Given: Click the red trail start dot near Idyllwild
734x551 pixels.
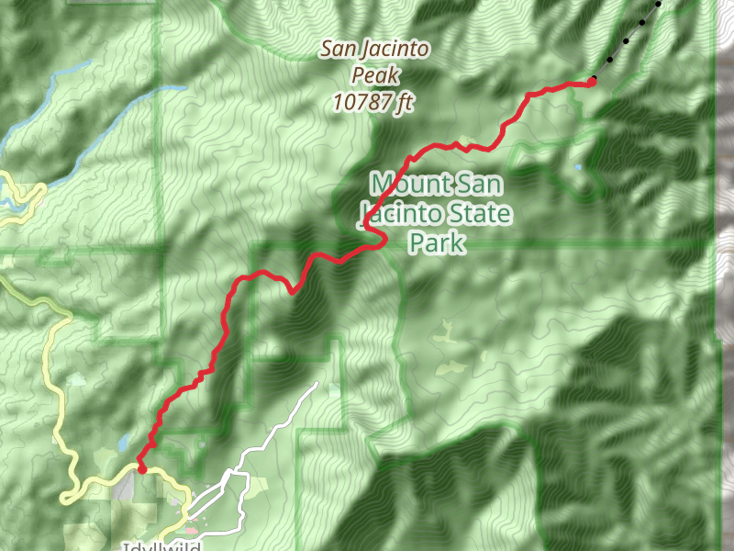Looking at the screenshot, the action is (141, 468).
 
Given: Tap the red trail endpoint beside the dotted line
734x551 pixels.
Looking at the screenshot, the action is (593, 81).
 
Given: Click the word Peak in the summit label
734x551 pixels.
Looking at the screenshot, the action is (373, 75).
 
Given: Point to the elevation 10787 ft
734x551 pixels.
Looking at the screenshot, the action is (373, 103).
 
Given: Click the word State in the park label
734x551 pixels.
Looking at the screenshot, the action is (475, 215).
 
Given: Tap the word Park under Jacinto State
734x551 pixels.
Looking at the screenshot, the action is (438, 243).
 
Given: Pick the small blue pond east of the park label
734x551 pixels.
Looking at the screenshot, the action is (577, 168).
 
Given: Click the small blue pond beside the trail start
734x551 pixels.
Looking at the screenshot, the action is (123, 444).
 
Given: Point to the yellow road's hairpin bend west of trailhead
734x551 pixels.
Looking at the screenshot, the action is (66, 499).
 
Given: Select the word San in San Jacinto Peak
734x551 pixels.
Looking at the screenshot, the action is (337, 50).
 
